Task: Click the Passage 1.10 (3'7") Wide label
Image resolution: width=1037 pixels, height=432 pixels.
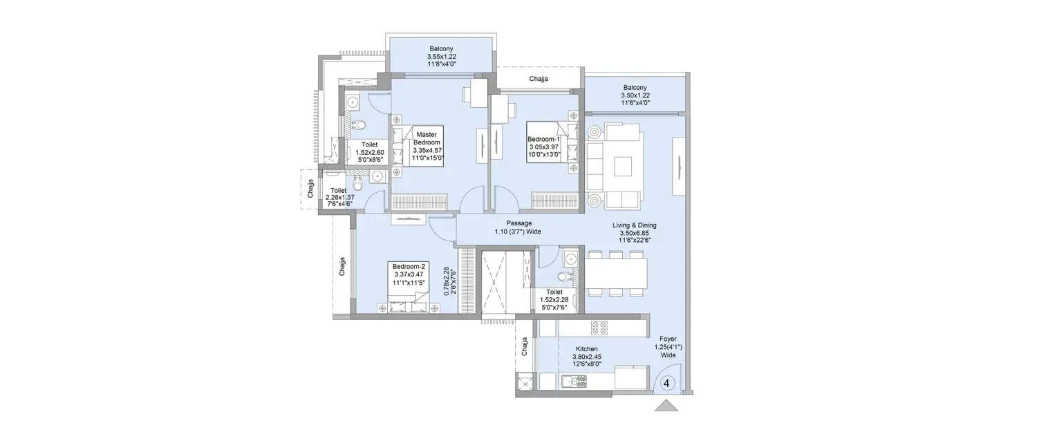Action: [x=518, y=227]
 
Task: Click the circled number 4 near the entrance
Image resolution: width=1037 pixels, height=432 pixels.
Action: [x=668, y=382]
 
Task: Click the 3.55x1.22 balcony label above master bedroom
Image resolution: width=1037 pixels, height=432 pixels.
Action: [x=442, y=56]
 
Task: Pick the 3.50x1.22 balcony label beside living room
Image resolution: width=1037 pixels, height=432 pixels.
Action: [x=635, y=95]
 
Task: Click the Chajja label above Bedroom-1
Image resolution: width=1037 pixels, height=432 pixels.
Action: [x=539, y=79]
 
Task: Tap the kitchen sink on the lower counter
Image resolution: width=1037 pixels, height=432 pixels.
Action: [x=574, y=379]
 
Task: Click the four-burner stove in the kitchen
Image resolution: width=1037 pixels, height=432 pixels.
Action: [x=597, y=326]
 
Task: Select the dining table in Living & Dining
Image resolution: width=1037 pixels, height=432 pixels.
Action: [x=616, y=272]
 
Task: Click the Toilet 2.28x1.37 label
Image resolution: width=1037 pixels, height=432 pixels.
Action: [x=339, y=197]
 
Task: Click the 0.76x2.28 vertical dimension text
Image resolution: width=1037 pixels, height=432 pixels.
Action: [x=449, y=281]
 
